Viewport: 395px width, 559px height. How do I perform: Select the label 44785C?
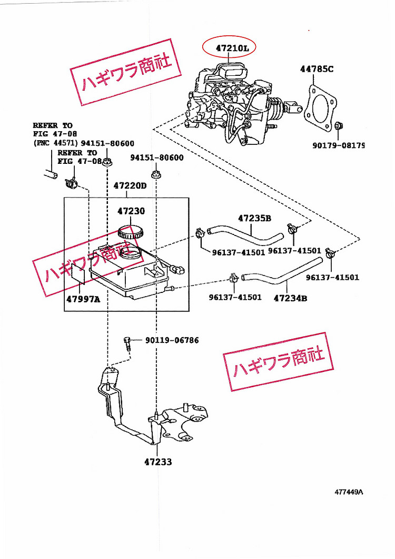pyautogui.click(x=317, y=69)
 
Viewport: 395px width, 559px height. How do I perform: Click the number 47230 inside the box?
pyautogui.click(x=131, y=211)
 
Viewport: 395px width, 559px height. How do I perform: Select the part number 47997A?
pyautogui.click(x=83, y=299)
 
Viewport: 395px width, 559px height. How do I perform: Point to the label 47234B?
pyautogui.click(x=290, y=298)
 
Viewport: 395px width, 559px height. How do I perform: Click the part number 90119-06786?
pyautogui.click(x=173, y=340)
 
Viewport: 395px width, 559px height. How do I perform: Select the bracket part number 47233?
pyautogui.click(x=158, y=462)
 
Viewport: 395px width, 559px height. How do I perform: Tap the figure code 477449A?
pyautogui.click(x=348, y=493)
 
